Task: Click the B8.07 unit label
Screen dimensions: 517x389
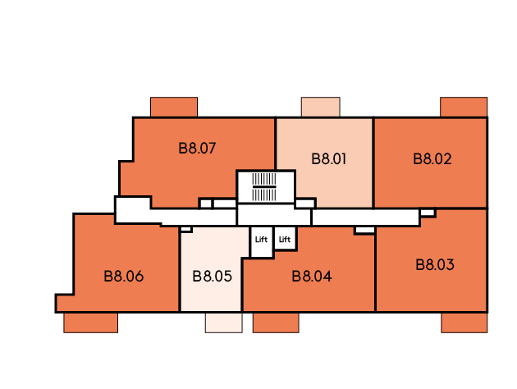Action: pyautogui.click(x=197, y=149)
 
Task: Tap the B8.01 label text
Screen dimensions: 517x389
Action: pyautogui.click(x=329, y=159)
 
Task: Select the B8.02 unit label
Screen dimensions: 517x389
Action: pyautogui.click(x=432, y=159)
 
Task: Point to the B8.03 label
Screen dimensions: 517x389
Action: pyautogui.click(x=435, y=265)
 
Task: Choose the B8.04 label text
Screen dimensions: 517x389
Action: pyautogui.click(x=312, y=277)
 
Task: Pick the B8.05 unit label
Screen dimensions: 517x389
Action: pyautogui.click(x=212, y=277)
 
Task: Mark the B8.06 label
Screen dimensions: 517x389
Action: pyautogui.click(x=124, y=277)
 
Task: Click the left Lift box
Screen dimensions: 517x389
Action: pyautogui.click(x=262, y=241)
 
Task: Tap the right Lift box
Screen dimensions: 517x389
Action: pyautogui.click(x=285, y=238)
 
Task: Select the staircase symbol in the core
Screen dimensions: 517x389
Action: pyautogui.click(x=264, y=187)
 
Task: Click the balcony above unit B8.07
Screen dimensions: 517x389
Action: pyautogui.click(x=174, y=107)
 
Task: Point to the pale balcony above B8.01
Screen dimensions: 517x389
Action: pyautogui.click(x=321, y=107)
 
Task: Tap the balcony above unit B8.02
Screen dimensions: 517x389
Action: pyautogui.click(x=464, y=107)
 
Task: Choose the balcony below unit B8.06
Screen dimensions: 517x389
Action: pyautogui.click(x=90, y=323)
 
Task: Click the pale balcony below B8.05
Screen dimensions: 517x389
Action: pyautogui.click(x=223, y=323)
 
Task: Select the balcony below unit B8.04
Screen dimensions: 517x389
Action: pyautogui.click(x=276, y=323)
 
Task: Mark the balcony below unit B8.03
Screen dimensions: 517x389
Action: pyautogui.click(x=464, y=323)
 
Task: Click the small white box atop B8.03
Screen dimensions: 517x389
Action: pyautogui.click(x=428, y=213)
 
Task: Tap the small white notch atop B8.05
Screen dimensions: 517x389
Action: pyautogui.click(x=186, y=229)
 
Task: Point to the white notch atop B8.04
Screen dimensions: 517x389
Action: pyautogui.click(x=364, y=230)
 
